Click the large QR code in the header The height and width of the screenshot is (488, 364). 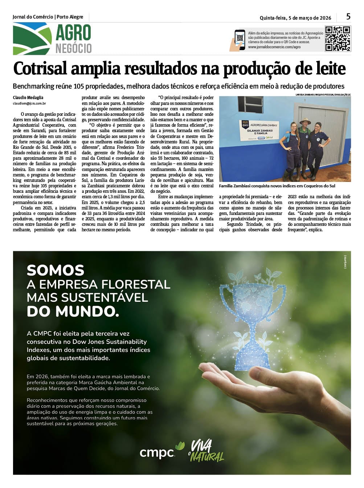(337, 38)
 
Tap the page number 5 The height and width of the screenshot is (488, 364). (348, 17)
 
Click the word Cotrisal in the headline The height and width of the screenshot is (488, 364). (40, 69)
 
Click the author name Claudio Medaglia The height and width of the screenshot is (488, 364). (28, 98)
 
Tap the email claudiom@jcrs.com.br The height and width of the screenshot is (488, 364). (29, 103)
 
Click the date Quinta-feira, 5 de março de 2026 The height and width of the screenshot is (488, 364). (295, 18)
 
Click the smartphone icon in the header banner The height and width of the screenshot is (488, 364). (240, 40)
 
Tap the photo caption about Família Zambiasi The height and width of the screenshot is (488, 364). (277, 186)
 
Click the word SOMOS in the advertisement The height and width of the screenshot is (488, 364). (56, 271)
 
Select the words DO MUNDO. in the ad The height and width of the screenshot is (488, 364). (73, 312)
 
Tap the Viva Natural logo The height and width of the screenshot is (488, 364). (206, 451)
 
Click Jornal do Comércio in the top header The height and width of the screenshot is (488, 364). (33, 17)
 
